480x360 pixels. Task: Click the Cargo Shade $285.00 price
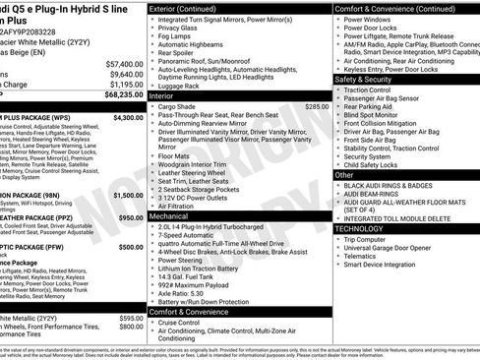[317, 105]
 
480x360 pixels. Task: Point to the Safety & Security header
[370, 79]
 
